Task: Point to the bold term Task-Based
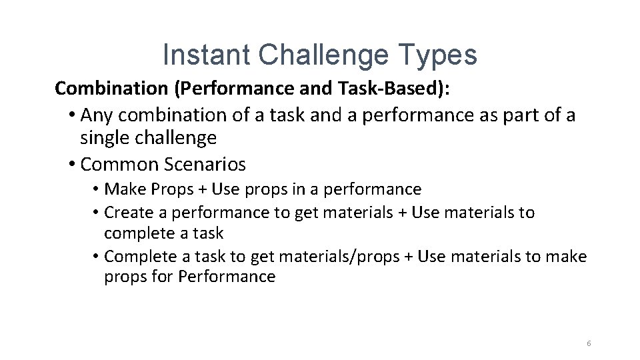tap(367, 88)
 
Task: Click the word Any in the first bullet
tap(95, 115)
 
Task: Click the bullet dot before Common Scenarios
tap(71, 164)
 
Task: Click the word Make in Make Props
tap(125, 189)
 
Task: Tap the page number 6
tap(589, 343)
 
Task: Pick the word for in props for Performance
tap(162, 277)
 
